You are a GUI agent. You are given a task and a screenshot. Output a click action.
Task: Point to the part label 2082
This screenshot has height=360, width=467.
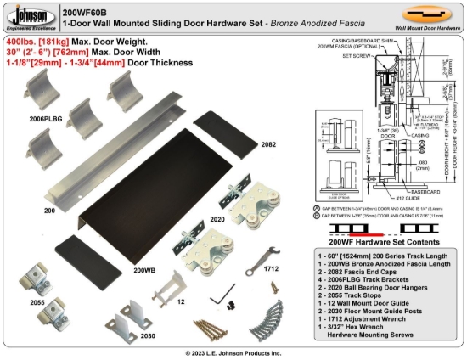(x=270, y=144)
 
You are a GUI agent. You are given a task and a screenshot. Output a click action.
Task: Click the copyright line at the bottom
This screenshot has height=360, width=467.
(x=233, y=352)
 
